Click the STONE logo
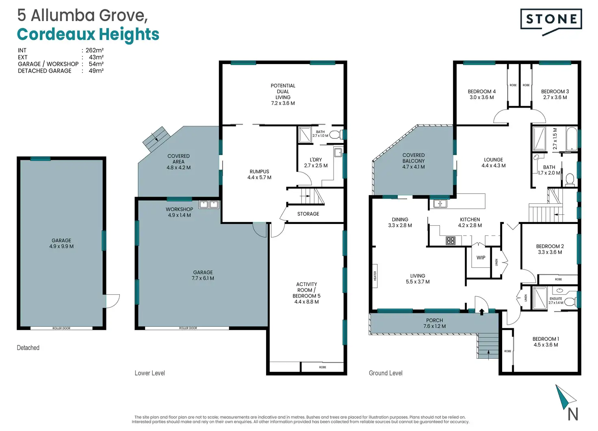[551, 22]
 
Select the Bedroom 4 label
[481, 95]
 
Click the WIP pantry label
[481, 258]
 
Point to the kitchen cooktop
[451, 241]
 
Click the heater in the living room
[375, 276]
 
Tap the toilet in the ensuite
[570, 302]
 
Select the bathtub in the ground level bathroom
[572, 139]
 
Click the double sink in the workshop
[209, 205]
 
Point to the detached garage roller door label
[61, 328]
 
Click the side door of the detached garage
[113, 301]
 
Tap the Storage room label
[308, 214]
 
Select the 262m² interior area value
[95, 50]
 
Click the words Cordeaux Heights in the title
[88, 34]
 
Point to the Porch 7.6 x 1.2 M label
[434, 323]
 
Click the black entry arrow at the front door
[482, 312]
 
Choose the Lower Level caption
[150, 373]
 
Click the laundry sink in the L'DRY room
[338, 153]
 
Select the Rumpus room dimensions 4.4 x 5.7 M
[259, 177]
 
